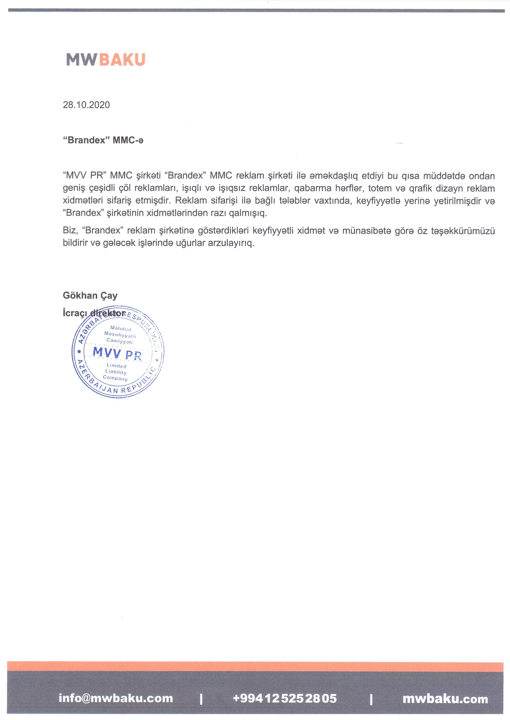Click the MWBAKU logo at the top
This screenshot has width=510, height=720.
tap(106, 60)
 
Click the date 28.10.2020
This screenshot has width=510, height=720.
tap(86, 105)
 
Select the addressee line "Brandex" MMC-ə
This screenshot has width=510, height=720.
tap(103, 140)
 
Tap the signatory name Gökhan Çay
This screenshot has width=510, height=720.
tap(90, 295)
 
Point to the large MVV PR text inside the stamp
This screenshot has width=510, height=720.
tap(117, 353)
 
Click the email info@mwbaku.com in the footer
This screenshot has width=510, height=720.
tap(116, 698)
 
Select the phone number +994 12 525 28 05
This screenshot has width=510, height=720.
tap(285, 698)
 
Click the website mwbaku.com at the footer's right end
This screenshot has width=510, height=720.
tap(445, 699)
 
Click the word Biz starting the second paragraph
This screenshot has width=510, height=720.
tap(70, 230)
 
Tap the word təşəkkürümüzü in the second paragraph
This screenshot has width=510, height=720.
tap(463, 231)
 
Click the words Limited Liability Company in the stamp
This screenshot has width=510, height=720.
tap(116, 372)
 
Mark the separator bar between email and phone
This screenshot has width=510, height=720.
tap(201, 699)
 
